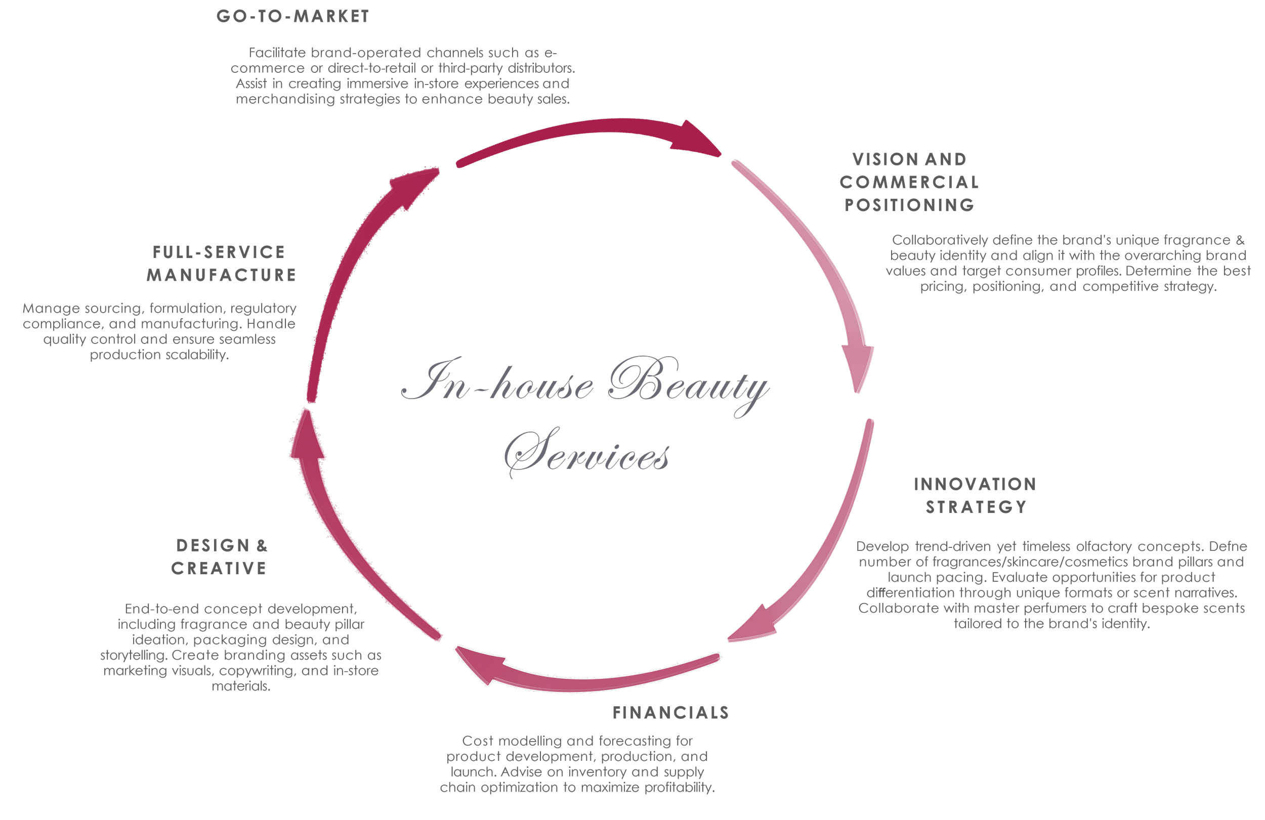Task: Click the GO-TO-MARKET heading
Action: pyautogui.click(x=293, y=17)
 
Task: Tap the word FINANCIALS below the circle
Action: pyautogui.click(x=671, y=713)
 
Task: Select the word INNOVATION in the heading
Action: pyautogui.click(x=975, y=484)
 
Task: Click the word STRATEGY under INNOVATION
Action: pyautogui.click(x=977, y=507)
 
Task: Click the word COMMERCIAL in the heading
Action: pyautogui.click(x=909, y=182)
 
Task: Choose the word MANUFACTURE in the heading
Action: pyautogui.click(x=222, y=275)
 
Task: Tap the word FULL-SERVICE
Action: pyautogui.click(x=219, y=252)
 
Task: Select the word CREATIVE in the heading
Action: pyautogui.click(x=219, y=568)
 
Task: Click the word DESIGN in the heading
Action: pyautogui.click(x=213, y=545)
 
